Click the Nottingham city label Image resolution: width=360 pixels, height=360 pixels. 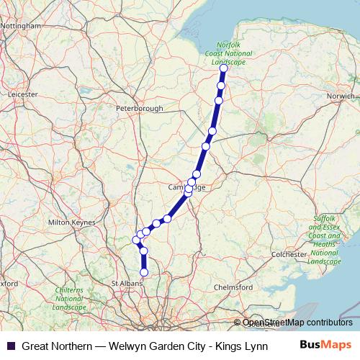(22, 26)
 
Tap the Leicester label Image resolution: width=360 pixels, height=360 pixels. (22, 94)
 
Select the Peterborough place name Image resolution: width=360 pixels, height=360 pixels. (140, 109)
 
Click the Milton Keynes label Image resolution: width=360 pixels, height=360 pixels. (71, 222)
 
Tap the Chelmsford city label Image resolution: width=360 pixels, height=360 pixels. (234, 287)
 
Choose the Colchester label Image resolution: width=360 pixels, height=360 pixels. (289, 253)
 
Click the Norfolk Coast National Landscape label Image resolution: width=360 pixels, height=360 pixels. (229, 55)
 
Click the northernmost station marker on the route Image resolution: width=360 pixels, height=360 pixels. (223, 68)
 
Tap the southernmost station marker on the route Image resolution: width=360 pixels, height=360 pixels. (144, 273)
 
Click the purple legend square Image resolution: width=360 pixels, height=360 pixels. (11, 346)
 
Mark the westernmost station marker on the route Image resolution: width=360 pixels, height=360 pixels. (136, 240)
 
